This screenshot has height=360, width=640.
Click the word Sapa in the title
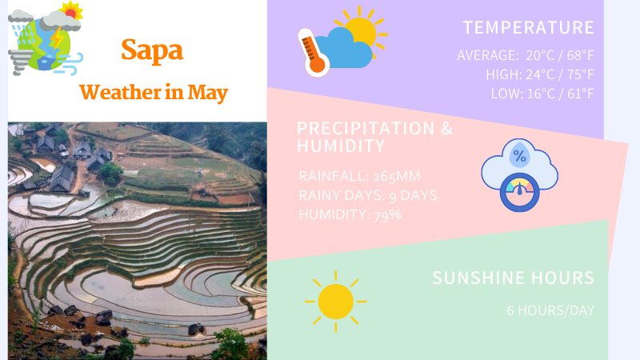152,50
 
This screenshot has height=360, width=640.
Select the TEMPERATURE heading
528,28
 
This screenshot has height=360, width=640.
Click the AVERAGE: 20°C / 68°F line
526,55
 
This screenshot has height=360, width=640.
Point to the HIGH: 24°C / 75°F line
539,74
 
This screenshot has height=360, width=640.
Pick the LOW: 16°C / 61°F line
542,94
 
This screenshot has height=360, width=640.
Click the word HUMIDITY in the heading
341,146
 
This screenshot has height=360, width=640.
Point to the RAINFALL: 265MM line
359,176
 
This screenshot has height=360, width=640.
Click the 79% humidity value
387,214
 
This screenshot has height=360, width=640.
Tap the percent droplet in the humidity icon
519,155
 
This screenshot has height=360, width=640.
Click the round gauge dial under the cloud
519,193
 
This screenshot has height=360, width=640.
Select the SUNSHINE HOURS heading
513,278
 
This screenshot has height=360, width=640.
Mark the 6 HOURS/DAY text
550,310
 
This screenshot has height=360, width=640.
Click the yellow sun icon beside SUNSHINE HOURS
335,302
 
